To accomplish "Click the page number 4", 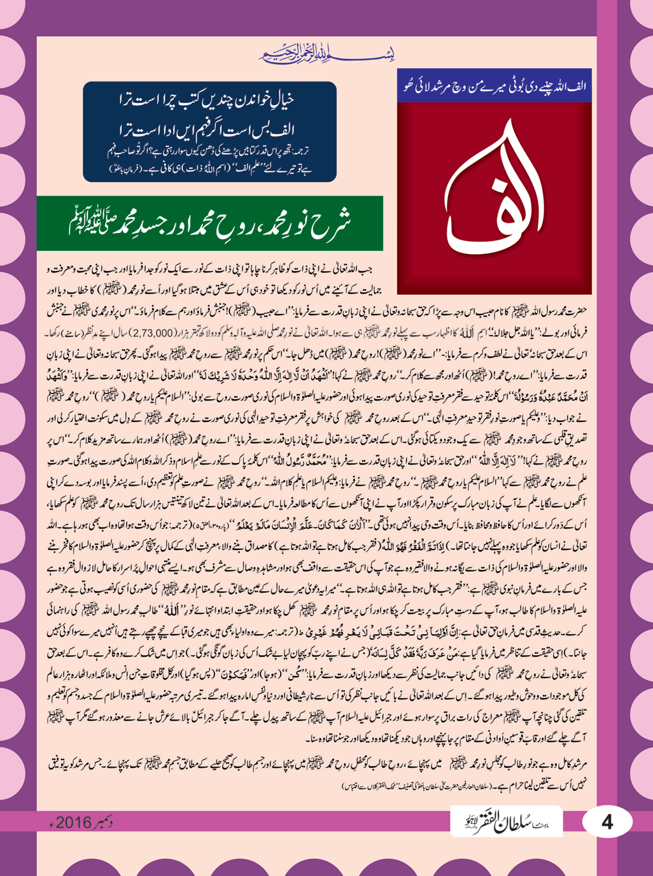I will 607,822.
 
